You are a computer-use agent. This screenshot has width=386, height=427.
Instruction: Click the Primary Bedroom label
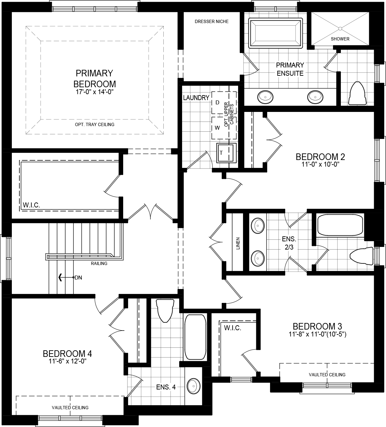click(95, 78)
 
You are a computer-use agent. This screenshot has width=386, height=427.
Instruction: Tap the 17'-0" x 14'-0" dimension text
click(95, 92)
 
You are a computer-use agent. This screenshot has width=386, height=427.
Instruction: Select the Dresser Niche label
click(211, 21)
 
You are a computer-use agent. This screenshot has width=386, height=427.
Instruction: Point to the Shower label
click(340, 39)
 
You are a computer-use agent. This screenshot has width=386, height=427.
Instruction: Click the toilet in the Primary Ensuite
click(357, 93)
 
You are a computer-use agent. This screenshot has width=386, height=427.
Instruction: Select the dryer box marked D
click(217, 102)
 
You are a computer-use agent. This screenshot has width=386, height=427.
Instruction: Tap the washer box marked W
click(217, 128)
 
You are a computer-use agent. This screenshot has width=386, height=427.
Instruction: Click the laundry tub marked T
click(226, 153)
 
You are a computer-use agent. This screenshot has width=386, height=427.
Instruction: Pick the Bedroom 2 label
click(317, 157)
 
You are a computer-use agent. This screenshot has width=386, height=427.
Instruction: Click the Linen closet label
click(238, 243)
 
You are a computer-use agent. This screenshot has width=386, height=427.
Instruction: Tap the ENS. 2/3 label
click(289, 243)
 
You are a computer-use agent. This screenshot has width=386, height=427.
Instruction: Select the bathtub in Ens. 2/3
click(340, 225)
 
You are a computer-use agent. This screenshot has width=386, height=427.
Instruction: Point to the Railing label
click(99, 263)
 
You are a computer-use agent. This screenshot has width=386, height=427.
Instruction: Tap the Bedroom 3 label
click(317, 326)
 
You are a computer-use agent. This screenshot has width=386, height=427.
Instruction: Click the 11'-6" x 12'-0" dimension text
click(67, 361)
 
